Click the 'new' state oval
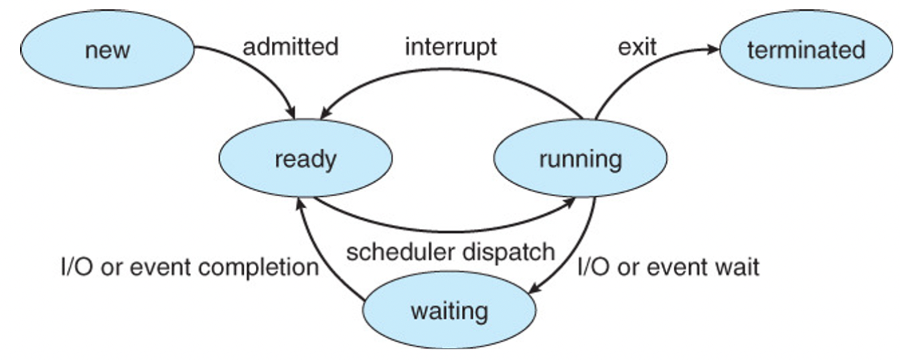click(x=107, y=50)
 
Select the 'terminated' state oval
click(x=806, y=50)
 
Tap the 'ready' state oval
click(x=305, y=159)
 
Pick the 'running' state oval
click(x=580, y=159)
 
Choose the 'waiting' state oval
click(x=449, y=311)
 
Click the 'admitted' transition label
click(x=290, y=48)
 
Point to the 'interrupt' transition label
click(x=451, y=48)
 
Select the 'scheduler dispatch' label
click(x=450, y=252)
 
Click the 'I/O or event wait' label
click(x=668, y=267)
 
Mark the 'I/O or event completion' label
click(x=190, y=267)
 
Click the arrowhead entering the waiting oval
click(x=534, y=289)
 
